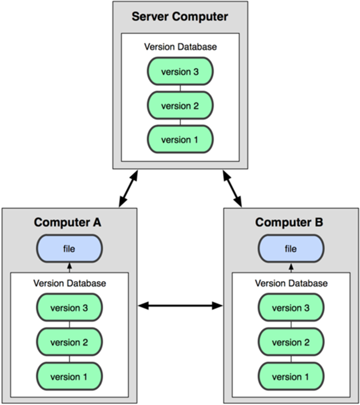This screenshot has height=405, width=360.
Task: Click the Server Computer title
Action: pos(180,17)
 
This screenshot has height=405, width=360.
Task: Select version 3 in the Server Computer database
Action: pos(180,71)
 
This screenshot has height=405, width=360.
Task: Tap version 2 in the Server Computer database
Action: pos(180,105)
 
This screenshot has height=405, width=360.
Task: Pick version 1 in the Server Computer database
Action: pos(180,139)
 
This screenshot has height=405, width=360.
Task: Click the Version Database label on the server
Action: pos(180,46)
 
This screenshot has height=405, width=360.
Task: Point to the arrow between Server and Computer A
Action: pos(129,189)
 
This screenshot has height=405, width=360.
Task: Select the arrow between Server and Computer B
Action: pos(232,189)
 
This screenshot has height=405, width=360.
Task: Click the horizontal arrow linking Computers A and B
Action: pos(180,306)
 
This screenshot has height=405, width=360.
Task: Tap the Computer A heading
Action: pos(67,222)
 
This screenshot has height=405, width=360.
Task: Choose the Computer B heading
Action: pos(289,222)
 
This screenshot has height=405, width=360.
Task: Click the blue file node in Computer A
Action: pos(69,248)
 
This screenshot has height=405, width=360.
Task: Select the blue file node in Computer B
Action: pos(291,248)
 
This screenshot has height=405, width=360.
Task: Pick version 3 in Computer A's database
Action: pos(69,307)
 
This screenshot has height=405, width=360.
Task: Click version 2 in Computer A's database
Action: pos(69,342)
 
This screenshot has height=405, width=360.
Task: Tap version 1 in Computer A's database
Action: pos(69,376)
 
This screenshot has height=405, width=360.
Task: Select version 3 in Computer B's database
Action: pos(291,307)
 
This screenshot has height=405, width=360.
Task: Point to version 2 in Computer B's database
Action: pos(291,342)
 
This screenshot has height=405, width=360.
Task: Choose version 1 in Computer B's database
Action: pos(291,376)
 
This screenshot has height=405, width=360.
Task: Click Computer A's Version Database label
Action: pos(70,283)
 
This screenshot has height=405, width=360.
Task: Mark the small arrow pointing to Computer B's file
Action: pos(291,267)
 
